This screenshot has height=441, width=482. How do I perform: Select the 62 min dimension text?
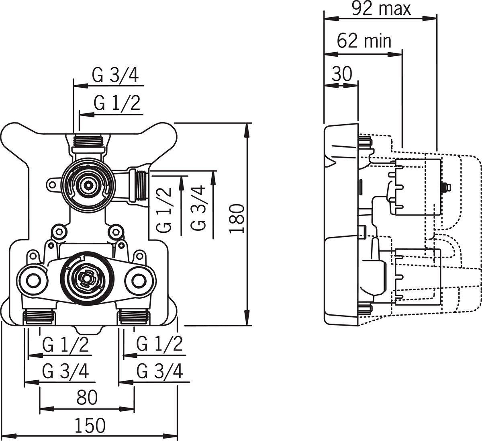tap(364, 41)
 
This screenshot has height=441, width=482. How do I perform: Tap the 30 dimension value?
tap(342, 74)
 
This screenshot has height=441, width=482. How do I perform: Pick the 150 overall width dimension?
tap(90, 425)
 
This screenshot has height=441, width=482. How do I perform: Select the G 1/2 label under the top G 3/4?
tap(117, 103)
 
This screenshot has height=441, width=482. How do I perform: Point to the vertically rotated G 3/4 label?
tap(199, 207)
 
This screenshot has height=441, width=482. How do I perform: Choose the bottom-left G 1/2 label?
tap(65, 345)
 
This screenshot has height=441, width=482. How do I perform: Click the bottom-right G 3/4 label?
tap(159, 371)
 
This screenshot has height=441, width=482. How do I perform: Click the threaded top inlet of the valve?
tap(89, 141)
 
